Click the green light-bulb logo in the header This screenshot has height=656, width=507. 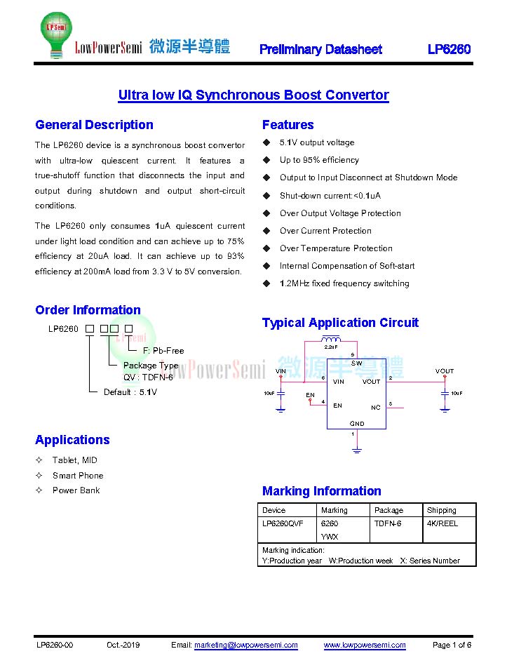coord(56,34)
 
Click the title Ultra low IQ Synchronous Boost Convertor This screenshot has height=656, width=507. coord(254,95)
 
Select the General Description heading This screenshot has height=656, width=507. coord(94,125)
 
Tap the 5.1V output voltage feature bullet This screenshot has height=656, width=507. coord(317,142)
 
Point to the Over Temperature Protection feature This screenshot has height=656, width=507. coord(336,248)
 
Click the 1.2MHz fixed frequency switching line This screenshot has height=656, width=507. coord(344,283)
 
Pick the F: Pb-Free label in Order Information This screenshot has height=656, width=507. coord(163,351)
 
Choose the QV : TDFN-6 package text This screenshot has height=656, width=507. coord(148,377)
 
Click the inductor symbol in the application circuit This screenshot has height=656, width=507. coord(331,339)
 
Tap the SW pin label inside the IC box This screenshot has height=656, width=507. coord(356,363)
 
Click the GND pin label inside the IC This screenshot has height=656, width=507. coord(357,423)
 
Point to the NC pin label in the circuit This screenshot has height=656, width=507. coord(376,408)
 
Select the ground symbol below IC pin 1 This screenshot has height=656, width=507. coord(356,450)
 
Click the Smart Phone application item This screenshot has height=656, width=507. coord(78,475)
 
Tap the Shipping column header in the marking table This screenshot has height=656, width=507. coord(441,510)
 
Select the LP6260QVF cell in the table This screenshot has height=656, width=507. coord(283,523)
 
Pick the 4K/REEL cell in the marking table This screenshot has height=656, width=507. coord(442,523)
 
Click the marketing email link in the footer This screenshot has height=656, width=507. coord(246,645)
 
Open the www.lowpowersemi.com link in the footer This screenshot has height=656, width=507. coord(365,645)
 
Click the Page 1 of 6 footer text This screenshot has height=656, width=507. coord(452,645)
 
